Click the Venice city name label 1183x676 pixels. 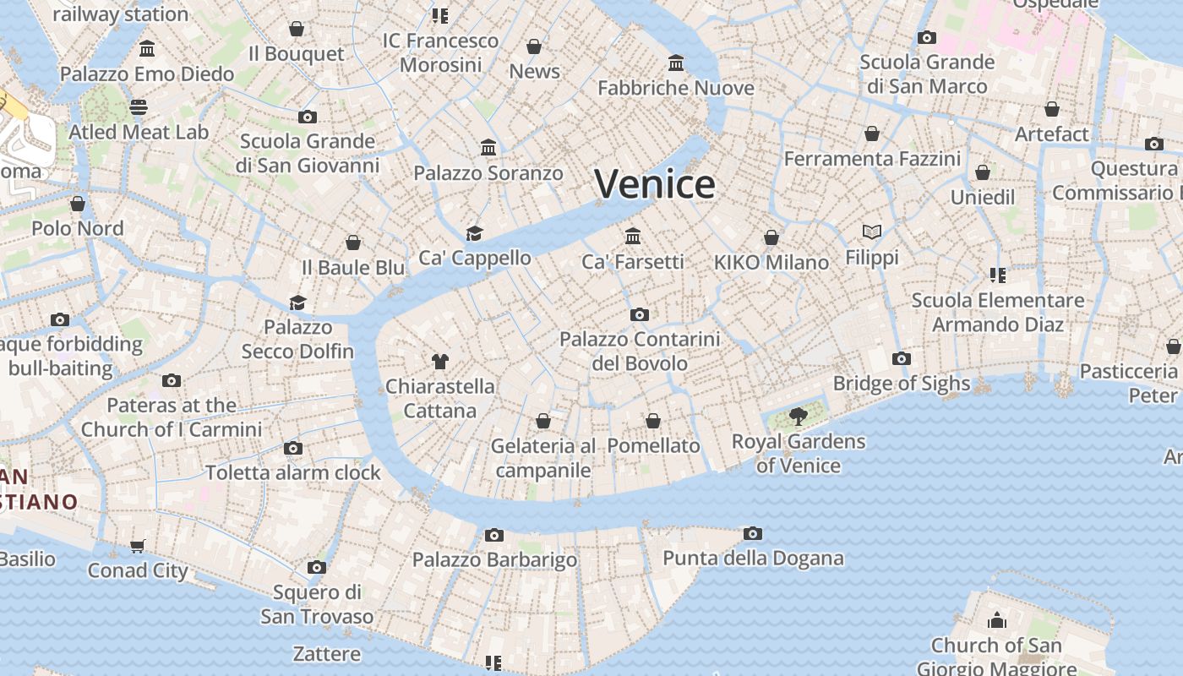pyautogui.click(x=655, y=184)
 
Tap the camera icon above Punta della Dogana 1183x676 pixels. pyautogui.click(x=753, y=533)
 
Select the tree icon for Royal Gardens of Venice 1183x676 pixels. pyautogui.click(x=798, y=416)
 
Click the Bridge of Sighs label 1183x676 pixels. pyautogui.click(x=902, y=383)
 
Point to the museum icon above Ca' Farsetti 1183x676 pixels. pyautogui.click(x=633, y=236)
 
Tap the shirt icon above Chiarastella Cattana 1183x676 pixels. pyautogui.click(x=439, y=362)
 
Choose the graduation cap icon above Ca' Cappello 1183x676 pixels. pyautogui.click(x=475, y=233)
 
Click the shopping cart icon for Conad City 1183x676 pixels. pyautogui.click(x=138, y=547)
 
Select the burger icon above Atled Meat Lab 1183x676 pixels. pyautogui.click(x=139, y=107)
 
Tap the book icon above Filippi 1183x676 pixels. pyautogui.click(x=872, y=232)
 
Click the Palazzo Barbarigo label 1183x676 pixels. pyautogui.click(x=494, y=559)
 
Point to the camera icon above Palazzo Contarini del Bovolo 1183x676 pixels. pyautogui.click(x=640, y=314)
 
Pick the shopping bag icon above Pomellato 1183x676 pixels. pyautogui.click(x=653, y=421)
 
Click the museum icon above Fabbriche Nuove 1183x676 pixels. pyautogui.click(x=676, y=63)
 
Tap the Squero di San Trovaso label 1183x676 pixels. pyautogui.click(x=317, y=604)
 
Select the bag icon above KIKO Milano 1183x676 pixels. pyautogui.click(x=771, y=237)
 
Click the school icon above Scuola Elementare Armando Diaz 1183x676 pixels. pyautogui.click(x=997, y=275)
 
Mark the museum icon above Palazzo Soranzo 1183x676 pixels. pyautogui.click(x=488, y=148)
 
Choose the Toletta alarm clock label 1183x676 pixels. pyautogui.click(x=293, y=472)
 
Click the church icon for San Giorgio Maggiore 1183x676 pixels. pyautogui.click(x=997, y=621)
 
